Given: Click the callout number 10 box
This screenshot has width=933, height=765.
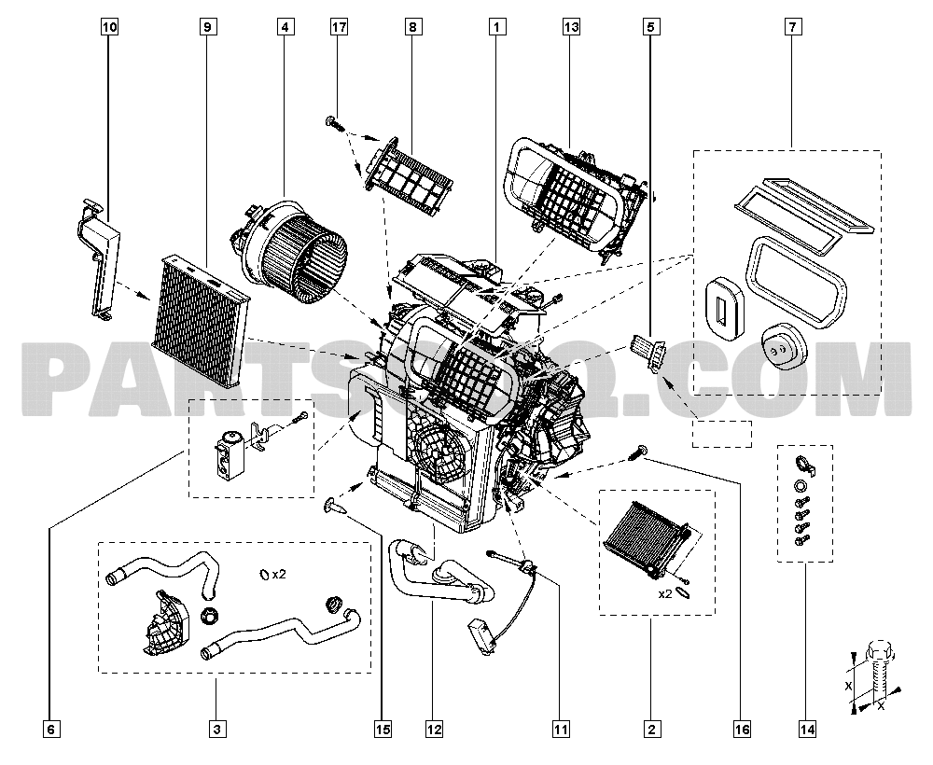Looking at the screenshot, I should [x=109, y=28].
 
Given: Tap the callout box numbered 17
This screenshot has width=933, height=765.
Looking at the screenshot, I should [x=339, y=28].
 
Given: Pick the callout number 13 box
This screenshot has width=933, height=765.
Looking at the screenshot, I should [x=571, y=28].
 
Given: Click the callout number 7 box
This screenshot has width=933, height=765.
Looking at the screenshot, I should [x=791, y=28].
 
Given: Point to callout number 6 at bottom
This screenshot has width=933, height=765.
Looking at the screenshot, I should [x=50, y=729].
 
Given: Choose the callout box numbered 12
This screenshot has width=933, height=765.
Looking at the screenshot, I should [x=432, y=729].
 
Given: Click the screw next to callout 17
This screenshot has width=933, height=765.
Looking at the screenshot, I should [x=333, y=120].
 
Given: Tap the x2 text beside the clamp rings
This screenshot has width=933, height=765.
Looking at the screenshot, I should [x=278, y=574].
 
